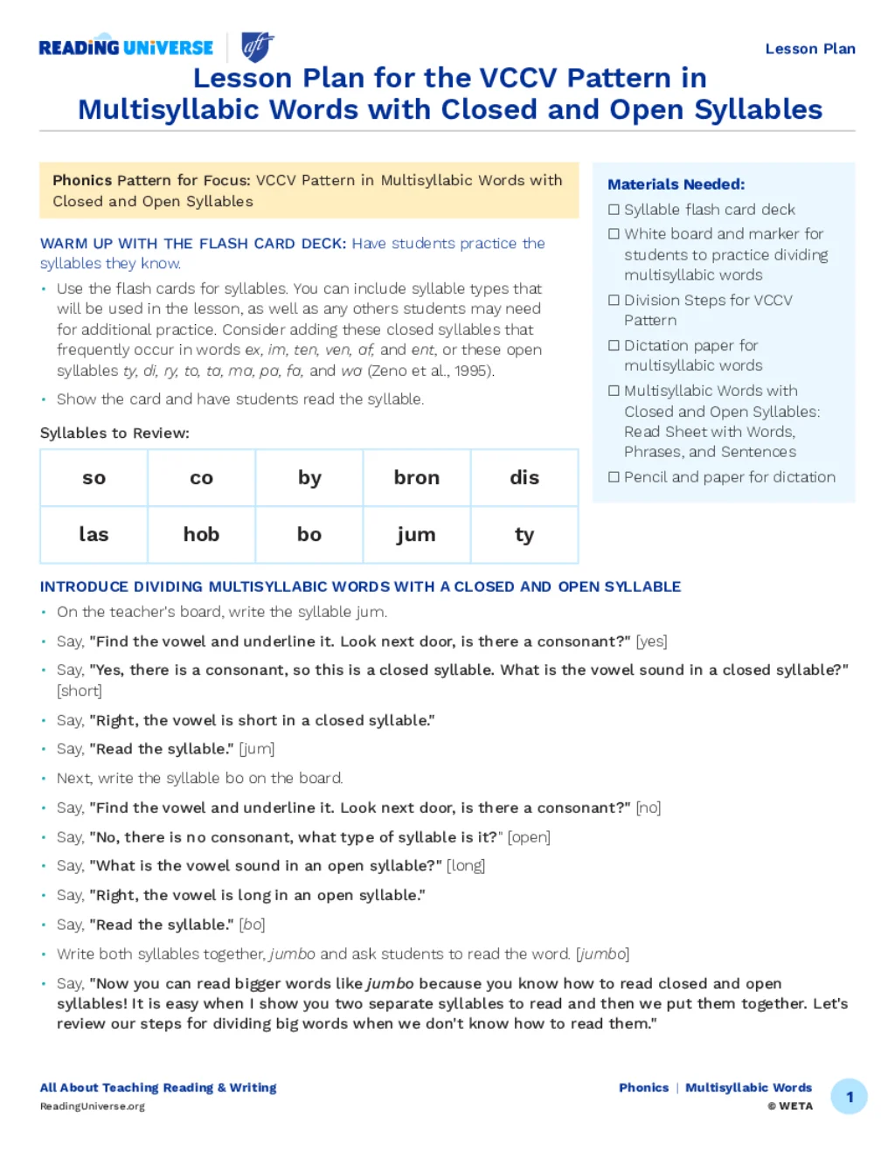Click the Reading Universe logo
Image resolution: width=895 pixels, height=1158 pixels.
pyautogui.click(x=126, y=48)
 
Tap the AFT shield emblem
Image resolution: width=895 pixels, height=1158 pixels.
pyautogui.click(x=257, y=46)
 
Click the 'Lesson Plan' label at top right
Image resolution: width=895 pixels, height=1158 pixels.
pyautogui.click(x=809, y=49)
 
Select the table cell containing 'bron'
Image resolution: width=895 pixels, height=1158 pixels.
pyautogui.click(x=417, y=478)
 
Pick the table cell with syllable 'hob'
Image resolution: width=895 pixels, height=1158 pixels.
pyautogui.click(x=201, y=535)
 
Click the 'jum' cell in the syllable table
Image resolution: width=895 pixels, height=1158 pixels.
pyautogui.click(x=417, y=535)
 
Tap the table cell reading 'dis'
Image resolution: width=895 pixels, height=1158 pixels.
pyautogui.click(x=524, y=478)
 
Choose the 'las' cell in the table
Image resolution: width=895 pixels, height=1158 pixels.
pyautogui.click(x=94, y=535)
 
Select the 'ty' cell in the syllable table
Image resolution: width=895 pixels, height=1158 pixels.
pyautogui.click(x=524, y=535)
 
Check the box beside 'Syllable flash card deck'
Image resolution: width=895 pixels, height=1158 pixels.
pyautogui.click(x=614, y=210)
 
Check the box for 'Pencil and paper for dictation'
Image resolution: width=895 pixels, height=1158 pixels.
pyautogui.click(x=614, y=477)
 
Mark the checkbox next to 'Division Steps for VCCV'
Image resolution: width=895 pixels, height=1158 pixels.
pyautogui.click(x=614, y=300)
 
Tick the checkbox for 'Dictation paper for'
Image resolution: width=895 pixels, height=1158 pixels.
pyautogui.click(x=614, y=345)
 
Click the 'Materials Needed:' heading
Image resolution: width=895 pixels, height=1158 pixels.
pyautogui.click(x=676, y=184)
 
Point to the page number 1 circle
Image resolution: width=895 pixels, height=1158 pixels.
pyautogui.click(x=849, y=1097)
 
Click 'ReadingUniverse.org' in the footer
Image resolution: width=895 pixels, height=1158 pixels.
pyautogui.click(x=93, y=1106)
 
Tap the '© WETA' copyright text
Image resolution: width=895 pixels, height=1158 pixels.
pyautogui.click(x=790, y=1106)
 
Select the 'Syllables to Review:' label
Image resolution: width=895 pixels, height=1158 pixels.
pyautogui.click(x=114, y=433)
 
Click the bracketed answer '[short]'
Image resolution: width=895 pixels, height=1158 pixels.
pyautogui.click(x=80, y=691)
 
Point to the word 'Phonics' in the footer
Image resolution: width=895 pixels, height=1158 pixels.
pyautogui.click(x=643, y=1088)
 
